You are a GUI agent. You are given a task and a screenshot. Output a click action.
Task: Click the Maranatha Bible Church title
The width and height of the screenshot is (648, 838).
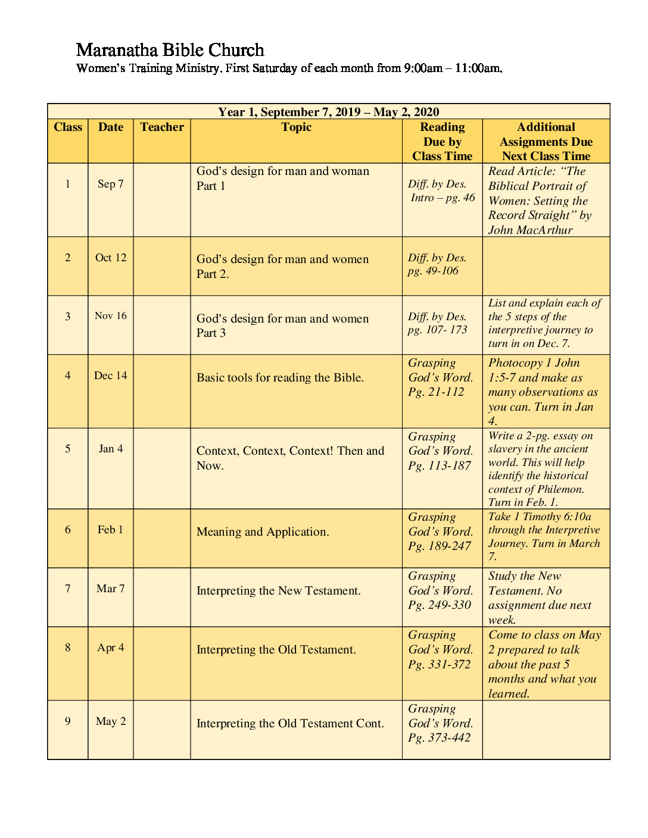pyautogui.click(x=170, y=50)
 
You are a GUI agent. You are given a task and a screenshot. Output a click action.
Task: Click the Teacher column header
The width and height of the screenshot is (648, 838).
pyautogui.click(x=162, y=127)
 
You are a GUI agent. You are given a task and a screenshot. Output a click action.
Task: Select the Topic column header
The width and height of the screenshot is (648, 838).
pyautogui.click(x=296, y=127)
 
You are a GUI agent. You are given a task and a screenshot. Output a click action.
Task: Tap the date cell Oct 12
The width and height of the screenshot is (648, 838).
pyautogui.click(x=111, y=258)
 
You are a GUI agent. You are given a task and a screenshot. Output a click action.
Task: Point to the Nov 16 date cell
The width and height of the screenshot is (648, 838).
pyautogui.click(x=111, y=316)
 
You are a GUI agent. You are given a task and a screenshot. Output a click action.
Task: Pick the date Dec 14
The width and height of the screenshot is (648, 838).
pyautogui.click(x=111, y=376)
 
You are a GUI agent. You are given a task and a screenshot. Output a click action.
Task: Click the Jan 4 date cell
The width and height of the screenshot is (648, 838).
pyautogui.click(x=111, y=449)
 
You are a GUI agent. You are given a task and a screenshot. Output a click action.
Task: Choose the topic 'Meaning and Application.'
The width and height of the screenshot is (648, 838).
pyautogui.click(x=263, y=531)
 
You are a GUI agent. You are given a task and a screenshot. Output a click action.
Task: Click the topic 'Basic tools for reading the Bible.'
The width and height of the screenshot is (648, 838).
pyautogui.click(x=280, y=377)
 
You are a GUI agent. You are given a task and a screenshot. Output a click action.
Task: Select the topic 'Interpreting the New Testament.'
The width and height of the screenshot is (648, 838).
pyautogui.click(x=279, y=590)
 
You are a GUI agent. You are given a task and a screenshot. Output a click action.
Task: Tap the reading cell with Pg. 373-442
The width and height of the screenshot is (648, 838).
pyautogui.click(x=440, y=723)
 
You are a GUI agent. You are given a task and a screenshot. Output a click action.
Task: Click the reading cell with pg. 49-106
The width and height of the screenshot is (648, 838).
pyautogui.click(x=437, y=264)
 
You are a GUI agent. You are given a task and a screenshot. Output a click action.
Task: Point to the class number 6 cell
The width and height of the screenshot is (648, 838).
pyautogui.click(x=68, y=530)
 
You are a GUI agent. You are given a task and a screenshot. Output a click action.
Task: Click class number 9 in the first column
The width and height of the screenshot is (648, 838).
pyautogui.click(x=68, y=721)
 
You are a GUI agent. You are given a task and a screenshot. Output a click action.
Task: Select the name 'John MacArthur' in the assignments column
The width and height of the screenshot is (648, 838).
pyautogui.click(x=530, y=230)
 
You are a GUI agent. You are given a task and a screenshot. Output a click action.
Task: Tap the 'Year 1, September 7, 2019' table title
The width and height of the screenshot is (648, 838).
pyautogui.click(x=328, y=112)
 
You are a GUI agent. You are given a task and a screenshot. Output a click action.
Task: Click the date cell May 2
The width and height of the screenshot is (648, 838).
pyautogui.click(x=111, y=721)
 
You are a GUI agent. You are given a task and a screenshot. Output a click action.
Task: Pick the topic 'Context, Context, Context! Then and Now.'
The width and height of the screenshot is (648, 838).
pyautogui.click(x=290, y=458)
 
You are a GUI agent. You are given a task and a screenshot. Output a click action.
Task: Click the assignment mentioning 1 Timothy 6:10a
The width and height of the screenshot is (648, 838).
pyautogui.click(x=544, y=536)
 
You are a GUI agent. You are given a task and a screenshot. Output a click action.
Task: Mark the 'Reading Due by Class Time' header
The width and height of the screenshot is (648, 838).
pyautogui.click(x=442, y=142)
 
